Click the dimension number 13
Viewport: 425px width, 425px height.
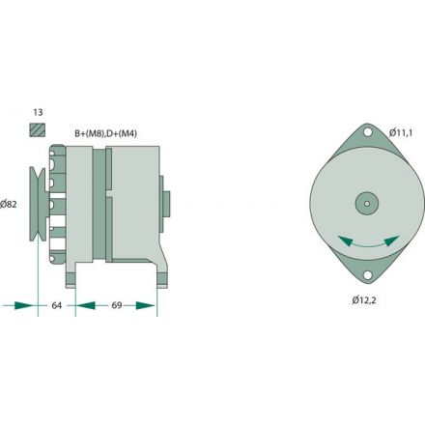coord(37,112)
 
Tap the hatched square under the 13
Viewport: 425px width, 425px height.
coord(38,130)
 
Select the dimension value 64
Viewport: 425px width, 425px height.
coord(57,306)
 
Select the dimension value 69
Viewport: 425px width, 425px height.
coord(116,306)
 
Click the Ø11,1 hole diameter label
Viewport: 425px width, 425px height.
coord(402,131)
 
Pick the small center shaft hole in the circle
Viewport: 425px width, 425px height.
coord(366,203)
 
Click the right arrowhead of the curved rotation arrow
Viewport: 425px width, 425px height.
coord(399,239)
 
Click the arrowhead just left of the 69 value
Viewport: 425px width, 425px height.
coord(83,306)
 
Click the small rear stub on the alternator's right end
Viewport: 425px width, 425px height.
coord(166,203)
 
